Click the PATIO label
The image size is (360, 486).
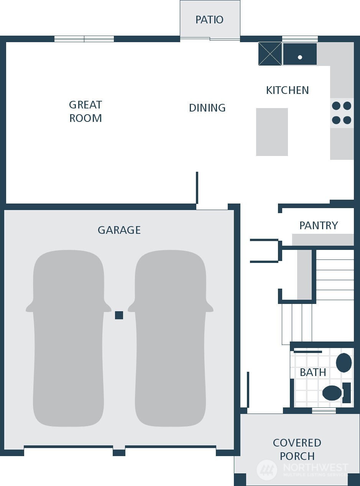click(x=209, y=20)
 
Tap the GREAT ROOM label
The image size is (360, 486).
click(x=85, y=111)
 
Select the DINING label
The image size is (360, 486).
click(x=207, y=108)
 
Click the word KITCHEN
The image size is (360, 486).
click(x=287, y=90)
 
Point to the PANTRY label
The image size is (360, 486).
click(x=319, y=225)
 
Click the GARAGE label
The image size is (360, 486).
click(x=119, y=230)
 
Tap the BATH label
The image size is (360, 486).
click(x=313, y=372)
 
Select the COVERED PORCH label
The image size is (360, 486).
click(x=297, y=449)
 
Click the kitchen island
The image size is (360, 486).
click(x=272, y=132)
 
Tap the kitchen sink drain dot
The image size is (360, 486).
click(x=300, y=57)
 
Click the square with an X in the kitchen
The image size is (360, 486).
click(x=270, y=54)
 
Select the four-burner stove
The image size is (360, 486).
click(x=342, y=113)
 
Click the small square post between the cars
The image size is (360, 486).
click(x=119, y=315)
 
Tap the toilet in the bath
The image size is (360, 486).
click(x=334, y=393)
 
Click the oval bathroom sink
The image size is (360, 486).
click(x=344, y=363)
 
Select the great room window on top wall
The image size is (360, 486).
click(x=84, y=39)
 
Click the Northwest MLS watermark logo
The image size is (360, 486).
click(x=267, y=469)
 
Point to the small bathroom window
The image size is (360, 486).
click(x=324, y=410)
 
